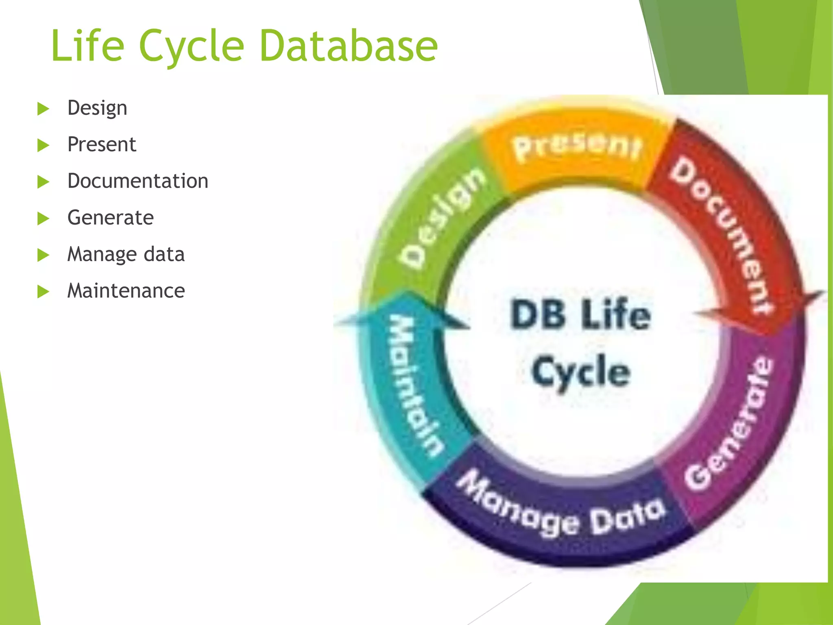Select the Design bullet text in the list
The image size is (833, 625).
[x=97, y=108]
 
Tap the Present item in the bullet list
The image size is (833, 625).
[x=102, y=144]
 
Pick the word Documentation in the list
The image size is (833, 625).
[x=138, y=181]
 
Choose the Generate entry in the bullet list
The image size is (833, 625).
[x=111, y=218]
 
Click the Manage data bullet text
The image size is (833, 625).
[x=126, y=254]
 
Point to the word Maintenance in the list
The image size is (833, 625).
[x=126, y=291]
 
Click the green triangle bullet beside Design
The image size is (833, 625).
[x=43, y=109]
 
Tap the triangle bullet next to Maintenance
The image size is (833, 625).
[x=43, y=291]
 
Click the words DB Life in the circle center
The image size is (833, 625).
[x=580, y=315]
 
